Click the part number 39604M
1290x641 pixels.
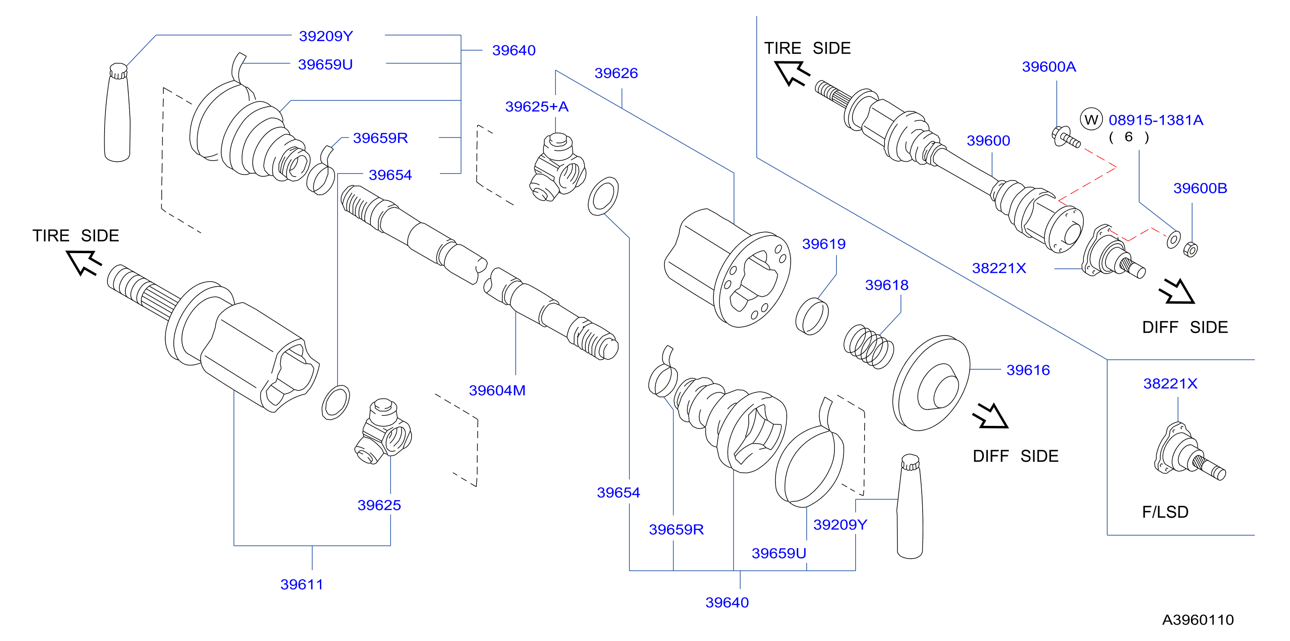coord(497,390)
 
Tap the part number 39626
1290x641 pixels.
coord(616,73)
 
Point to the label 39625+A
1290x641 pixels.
coord(537,107)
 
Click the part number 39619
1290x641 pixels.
coord(824,244)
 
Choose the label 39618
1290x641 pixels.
coord(887,285)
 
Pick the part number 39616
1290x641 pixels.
coord(1028,370)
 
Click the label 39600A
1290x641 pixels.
coord(1049,67)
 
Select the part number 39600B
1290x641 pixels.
coord(1201,188)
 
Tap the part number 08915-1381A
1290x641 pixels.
coord(1156,120)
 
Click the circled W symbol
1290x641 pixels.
coord(1091,120)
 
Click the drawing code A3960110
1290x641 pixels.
coord(1198,620)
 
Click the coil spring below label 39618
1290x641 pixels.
coord(869,346)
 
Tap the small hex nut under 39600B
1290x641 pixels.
coord(1190,249)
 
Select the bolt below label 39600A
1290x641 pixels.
coord(1066,138)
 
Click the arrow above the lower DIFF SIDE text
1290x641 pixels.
coord(990,416)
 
